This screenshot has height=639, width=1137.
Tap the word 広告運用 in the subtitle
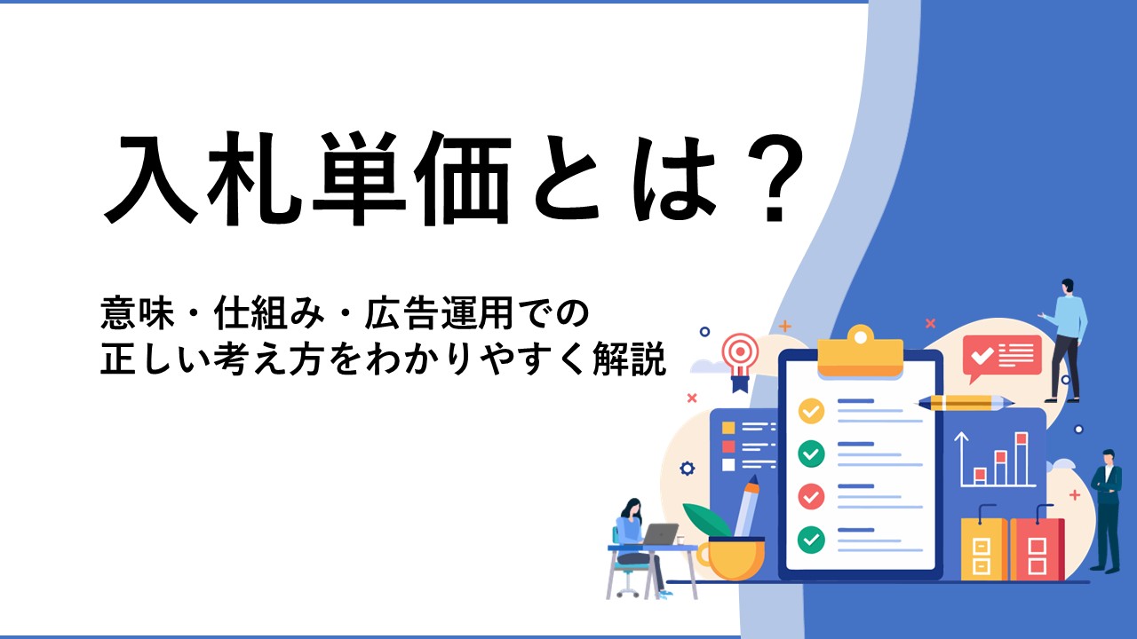tap(438, 313)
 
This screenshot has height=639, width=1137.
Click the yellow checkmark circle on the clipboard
tap(811, 411)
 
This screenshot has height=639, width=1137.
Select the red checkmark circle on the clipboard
tap(811, 496)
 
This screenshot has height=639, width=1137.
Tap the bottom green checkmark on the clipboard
tap(811, 540)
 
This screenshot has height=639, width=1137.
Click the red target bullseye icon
tap(741, 353)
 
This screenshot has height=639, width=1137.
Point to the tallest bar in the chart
tap(1022, 459)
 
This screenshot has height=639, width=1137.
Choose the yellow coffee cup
tap(731, 559)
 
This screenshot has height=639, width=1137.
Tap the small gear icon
tap(688, 468)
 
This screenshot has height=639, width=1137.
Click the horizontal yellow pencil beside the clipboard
tap(965, 403)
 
